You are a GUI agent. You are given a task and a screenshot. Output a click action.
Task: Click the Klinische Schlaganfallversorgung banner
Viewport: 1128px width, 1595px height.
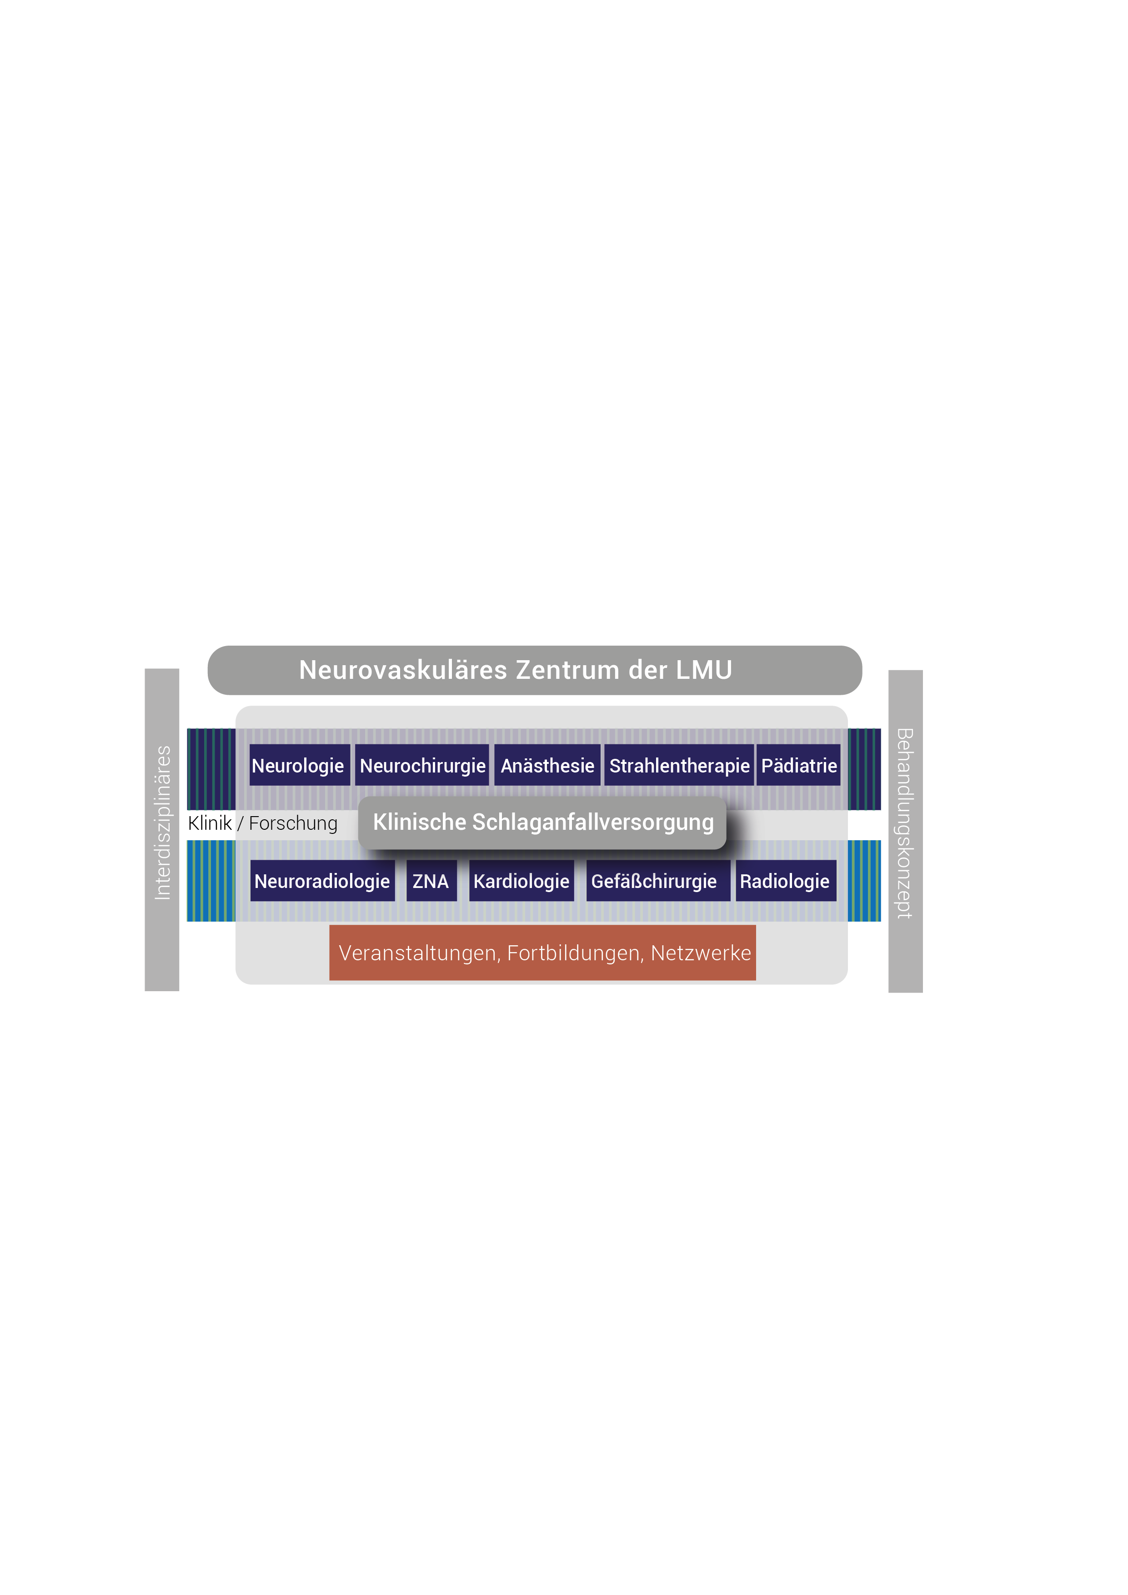542,823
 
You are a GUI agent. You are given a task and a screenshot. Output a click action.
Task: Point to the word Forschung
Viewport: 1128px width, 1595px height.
293,823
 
